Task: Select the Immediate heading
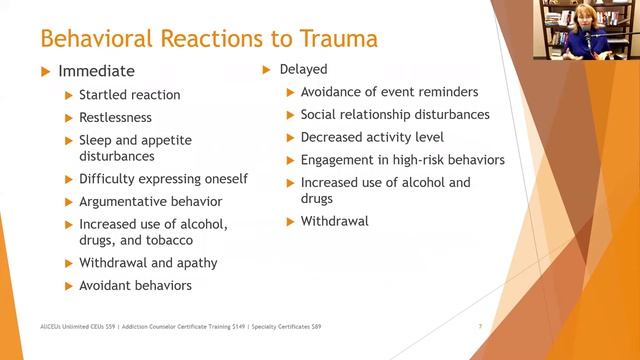point(96,71)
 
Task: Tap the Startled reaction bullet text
point(129,95)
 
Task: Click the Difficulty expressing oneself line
point(163,179)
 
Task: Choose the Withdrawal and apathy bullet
point(148,263)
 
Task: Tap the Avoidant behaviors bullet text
point(135,285)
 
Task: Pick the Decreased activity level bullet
point(372,137)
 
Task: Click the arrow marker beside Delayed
point(266,70)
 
